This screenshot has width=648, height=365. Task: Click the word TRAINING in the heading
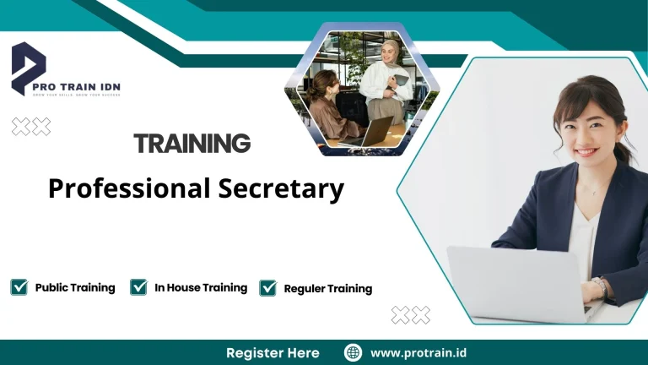click(x=192, y=143)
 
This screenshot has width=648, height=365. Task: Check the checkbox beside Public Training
click(x=19, y=287)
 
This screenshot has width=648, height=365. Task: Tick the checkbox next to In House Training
click(x=139, y=287)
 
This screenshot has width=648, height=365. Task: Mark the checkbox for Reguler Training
click(x=268, y=288)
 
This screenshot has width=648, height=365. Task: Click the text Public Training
click(x=75, y=287)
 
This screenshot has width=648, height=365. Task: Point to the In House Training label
click(x=201, y=287)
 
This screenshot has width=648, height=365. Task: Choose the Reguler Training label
click(x=327, y=288)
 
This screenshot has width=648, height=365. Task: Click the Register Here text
click(x=273, y=352)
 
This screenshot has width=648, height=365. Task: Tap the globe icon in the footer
click(x=354, y=352)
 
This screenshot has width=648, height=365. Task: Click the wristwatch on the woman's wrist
click(x=601, y=287)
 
